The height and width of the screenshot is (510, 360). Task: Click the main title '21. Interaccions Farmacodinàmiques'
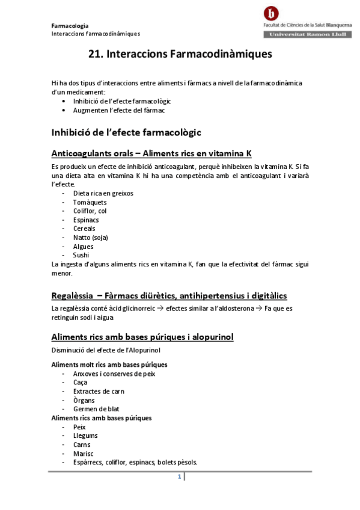click(x=180, y=54)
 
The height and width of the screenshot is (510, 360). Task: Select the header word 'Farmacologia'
click(x=70, y=26)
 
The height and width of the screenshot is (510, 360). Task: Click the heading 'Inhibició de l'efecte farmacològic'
click(x=126, y=132)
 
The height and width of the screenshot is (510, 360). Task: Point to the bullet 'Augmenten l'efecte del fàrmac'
click(x=118, y=111)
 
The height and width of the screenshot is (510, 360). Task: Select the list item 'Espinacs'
click(x=86, y=220)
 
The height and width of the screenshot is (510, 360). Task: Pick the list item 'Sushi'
click(x=81, y=255)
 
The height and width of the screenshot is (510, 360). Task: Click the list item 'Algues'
click(x=83, y=247)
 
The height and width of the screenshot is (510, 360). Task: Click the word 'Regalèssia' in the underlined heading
click(x=72, y=295)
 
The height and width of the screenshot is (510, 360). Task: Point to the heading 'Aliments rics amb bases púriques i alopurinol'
click(x=142, y=337)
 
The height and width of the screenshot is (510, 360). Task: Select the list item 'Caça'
click(x=80, y=382)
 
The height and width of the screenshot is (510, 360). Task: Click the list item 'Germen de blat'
click(x=92, y=409)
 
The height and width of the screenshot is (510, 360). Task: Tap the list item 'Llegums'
click(x=85, y=435)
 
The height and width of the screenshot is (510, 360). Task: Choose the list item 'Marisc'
click(x=83, y=453)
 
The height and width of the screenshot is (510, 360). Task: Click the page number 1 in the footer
click(x=179, y=477)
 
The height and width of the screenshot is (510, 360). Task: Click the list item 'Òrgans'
click(x=84, y=401)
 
